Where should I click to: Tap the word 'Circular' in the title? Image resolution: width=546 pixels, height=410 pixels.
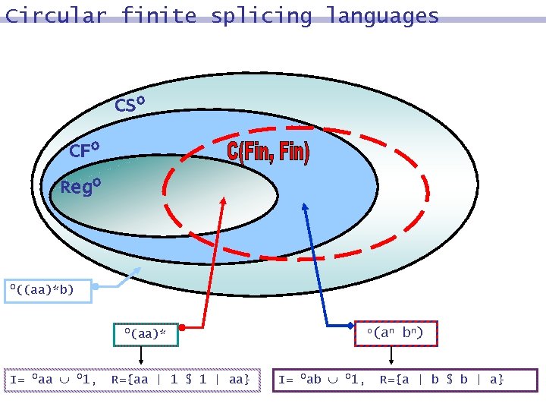tap(56, 15)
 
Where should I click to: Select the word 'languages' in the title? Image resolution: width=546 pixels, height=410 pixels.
tap(382, 15)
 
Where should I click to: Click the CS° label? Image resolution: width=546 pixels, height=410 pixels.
tap(130, 104)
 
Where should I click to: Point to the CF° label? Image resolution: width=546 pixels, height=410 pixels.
tap(85, 150)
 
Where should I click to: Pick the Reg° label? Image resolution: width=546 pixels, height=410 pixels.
tap(80, 186)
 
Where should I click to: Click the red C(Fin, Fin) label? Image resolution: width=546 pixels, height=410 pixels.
tap(268, 152)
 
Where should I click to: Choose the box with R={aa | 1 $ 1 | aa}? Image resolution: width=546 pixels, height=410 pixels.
tap(133, 380)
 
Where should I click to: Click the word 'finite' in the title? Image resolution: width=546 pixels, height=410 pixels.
tap(158, 15)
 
